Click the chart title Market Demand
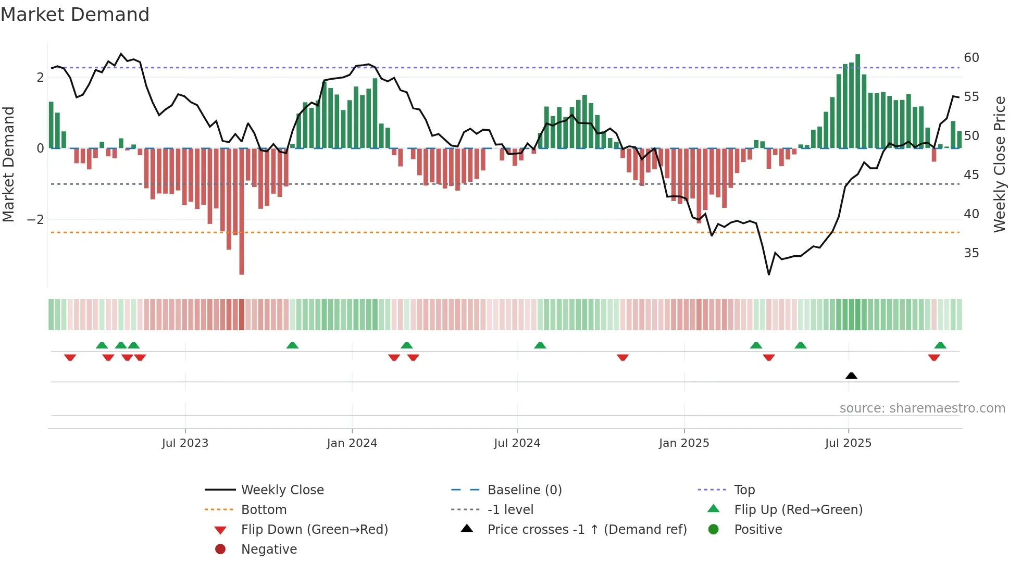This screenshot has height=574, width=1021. [x=75, y=15]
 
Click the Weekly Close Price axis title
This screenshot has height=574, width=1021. [x=999, y=164]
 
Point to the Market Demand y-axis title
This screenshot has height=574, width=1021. [x=8, y=164]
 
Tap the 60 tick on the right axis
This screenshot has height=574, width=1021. [x=971, y=58]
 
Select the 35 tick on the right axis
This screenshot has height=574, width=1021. [x=971, y=253]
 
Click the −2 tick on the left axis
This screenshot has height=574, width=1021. [x=35, y=220]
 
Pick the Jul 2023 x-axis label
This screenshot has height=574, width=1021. [x=185, y=443]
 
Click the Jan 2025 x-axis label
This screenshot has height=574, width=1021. [x=683, y=443]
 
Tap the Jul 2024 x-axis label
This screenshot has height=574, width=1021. [x=517, y=443]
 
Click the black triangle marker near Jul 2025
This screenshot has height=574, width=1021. [x=851, y=376]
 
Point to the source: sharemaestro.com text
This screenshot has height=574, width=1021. [x=922, y=408]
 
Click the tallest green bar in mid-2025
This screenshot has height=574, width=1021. [x=857, y=101]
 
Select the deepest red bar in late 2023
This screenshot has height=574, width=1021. [x=242, y=211]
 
